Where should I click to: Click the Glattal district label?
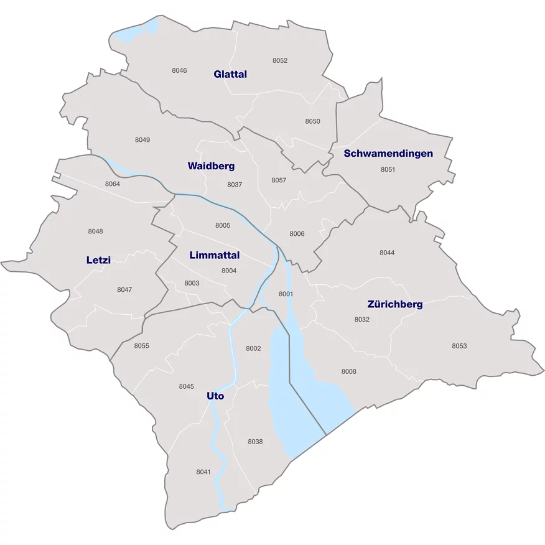(x=230, y=74)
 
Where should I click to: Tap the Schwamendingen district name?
(x=388, y=153)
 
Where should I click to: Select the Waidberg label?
(x=211, y=166)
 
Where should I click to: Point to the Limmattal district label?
(x=215, y=255)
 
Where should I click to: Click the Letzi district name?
(x=98, y=260)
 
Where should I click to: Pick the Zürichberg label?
(x=395, y=304)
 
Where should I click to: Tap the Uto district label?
(x=215, y=396)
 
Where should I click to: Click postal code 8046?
(x=179, y=70)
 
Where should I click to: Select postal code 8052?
(x=280, y=60)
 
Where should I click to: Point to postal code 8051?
(x=388, y=169)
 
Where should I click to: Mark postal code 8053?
(x=459, y=346)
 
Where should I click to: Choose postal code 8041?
(x=203, y=472)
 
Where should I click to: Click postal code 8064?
(x=113, y=184)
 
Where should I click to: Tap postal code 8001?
(x=286, y=294)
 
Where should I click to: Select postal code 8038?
(x=255, y=442)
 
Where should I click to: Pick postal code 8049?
(x=142, y=140)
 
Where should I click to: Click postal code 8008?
(x=348, y=371)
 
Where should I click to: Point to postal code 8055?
(x=141, y=346)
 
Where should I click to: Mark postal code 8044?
(x=387, y=253)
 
